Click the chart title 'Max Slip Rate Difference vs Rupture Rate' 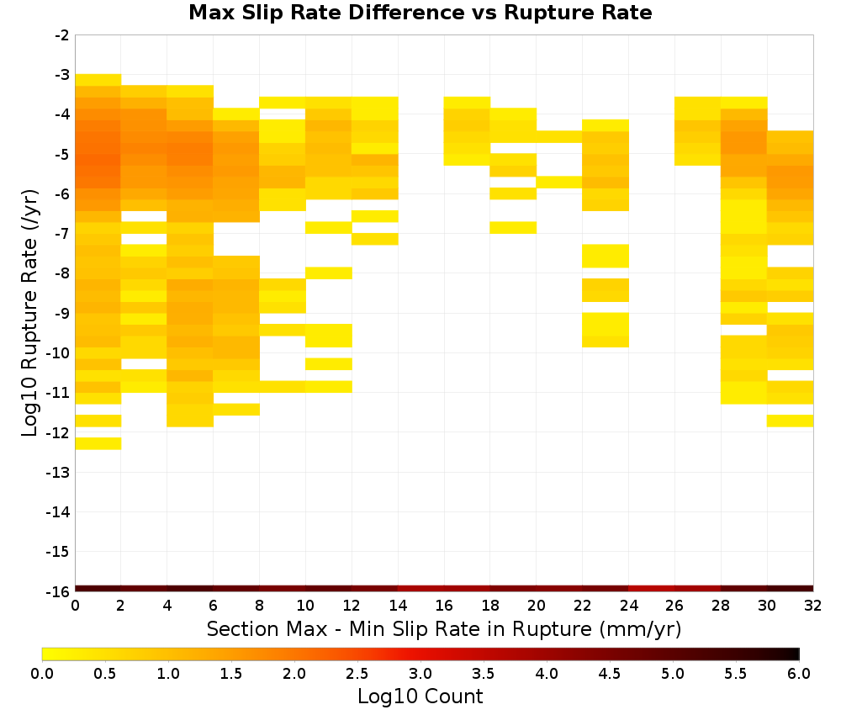[420, 13]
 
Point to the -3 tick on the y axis [62, 75]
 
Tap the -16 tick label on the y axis [59, 591]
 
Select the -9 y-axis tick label [62, 313]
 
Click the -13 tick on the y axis [59, 473]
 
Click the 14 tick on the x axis [398, 606]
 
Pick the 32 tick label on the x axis [812, 606]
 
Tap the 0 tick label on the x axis [75, 606]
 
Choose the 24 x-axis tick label [628, 606]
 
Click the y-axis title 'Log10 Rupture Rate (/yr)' [29, 313]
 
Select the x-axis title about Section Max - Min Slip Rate [444, 628]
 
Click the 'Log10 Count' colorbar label [420, 696]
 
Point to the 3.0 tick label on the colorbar [420, 673]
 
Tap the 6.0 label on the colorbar [799, 673]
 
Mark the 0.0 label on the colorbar [42, 673]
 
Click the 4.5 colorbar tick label [609, 673]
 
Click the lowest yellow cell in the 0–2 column [98, 443]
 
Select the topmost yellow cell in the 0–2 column [98, 80]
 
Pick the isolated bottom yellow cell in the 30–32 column [790, 421]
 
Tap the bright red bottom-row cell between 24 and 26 [652, 589]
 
